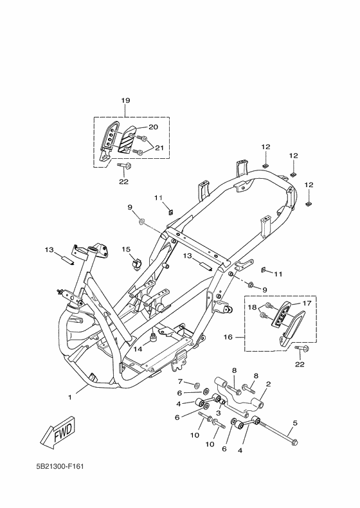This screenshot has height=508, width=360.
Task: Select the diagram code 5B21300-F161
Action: click(60, 466)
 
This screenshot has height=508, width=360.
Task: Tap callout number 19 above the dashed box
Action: click(125, 100)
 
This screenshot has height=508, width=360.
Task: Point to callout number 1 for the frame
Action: click(69, 397)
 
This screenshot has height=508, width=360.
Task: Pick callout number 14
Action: click(138, 349)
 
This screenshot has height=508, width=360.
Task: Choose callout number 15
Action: click(126, 249)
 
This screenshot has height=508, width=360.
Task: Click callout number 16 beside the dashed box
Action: click(228, 337)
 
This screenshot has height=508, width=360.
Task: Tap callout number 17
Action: click(307, 304)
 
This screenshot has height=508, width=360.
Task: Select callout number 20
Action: click(153, 127)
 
